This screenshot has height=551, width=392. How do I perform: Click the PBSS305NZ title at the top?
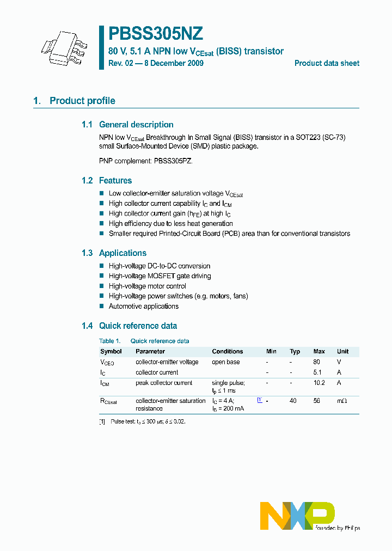click(x=156, y=34)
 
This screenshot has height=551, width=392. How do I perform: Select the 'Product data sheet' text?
click(x=327, y=63)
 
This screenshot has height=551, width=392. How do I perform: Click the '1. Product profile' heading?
click(x=74, y=101)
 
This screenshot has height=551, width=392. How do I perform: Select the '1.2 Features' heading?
click(x=107, y=181)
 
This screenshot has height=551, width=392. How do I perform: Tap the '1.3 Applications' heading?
click(x=114, y=253)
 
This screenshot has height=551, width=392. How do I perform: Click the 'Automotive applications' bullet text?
click(x=143, y=307)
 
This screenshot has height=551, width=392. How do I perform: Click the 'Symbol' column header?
click(x=111, y=352)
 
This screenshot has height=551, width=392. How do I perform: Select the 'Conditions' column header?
click(x=227, y=352)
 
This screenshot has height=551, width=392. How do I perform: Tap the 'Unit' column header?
click(x=342, y=352)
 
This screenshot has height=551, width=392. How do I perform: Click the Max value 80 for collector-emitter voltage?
click(x=317, y=362)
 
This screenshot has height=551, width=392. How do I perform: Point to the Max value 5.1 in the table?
click(x=317, y=372)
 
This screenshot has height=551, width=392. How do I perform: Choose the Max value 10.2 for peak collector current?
click(x=318, y=383)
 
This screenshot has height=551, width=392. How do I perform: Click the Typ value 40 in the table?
click(x=293, y=401)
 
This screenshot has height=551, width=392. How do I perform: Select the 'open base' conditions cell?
click(x=225, y=362)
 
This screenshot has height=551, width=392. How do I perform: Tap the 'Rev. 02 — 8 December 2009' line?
click(x=156, y=64)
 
